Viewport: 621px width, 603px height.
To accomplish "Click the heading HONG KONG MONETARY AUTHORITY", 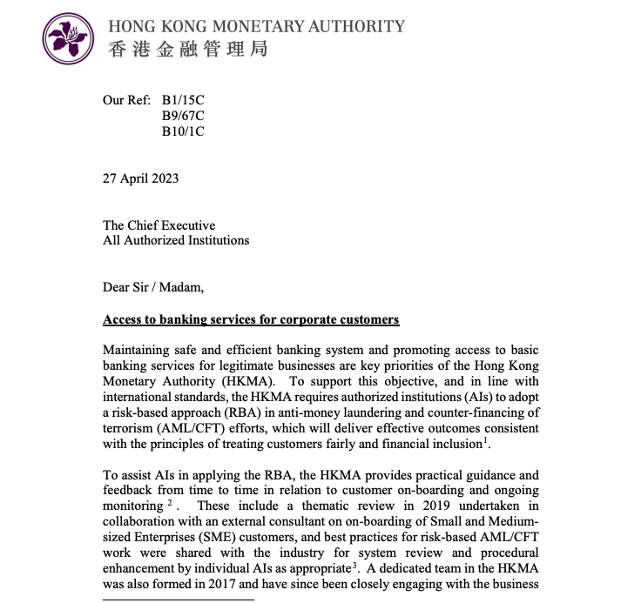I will coord(256,25).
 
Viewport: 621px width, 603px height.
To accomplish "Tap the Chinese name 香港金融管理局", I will coord(187,49).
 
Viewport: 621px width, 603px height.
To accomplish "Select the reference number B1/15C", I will coord(184,100).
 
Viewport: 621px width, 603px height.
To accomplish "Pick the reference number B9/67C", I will coord(184,116).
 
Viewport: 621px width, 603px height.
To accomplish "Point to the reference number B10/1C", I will coord(184,131).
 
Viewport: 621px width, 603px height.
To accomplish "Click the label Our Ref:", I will coord(127,100).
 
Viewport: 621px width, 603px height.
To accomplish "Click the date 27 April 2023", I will coord(141,178).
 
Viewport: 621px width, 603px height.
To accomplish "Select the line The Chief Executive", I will coord(159,225).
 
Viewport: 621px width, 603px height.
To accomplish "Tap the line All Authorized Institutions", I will coord(176,240).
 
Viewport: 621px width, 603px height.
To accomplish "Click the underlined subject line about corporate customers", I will coord(251,319).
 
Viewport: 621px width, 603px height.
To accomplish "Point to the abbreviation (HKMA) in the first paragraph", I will coord(259,381).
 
